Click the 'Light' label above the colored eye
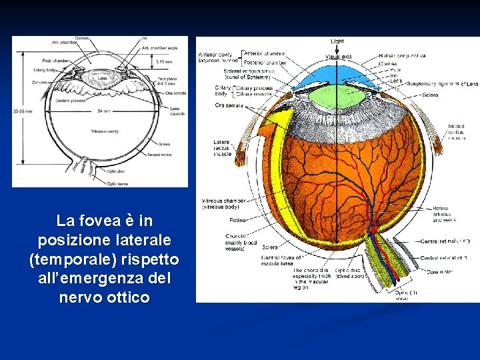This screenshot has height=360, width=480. tap(337, 41)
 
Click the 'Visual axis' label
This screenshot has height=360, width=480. tap(339, 56)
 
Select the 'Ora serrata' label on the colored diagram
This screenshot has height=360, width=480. tap(229, 106)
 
